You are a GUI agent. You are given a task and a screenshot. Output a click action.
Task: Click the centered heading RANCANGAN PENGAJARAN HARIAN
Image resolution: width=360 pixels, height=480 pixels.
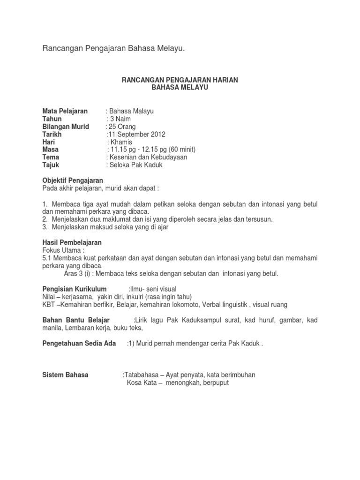tap(180, 80)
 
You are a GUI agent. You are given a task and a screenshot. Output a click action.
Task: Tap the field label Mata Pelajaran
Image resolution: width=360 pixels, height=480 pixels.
tap(65, 111)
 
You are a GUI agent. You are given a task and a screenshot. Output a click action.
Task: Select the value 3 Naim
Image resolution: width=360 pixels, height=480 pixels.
tap(120, 119)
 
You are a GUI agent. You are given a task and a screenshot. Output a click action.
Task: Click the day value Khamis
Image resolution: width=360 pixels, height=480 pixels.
tap(121, 142)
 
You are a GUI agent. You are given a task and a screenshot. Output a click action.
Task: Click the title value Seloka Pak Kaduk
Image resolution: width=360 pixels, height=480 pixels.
tap(135, 165)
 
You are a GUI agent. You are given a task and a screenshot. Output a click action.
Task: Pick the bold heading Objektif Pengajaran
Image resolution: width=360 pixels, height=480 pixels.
tap(73, 180)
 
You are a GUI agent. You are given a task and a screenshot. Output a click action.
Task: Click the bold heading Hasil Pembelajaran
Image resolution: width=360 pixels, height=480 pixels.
tap(72, 242)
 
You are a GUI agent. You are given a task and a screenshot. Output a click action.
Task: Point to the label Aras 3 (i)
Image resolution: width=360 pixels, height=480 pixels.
tap(77, 273)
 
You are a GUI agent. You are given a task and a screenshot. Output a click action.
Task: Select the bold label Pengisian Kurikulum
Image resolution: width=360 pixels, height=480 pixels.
tap(75, 289)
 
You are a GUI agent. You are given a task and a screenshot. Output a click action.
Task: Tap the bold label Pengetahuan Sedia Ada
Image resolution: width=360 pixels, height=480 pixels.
tap(79, 343)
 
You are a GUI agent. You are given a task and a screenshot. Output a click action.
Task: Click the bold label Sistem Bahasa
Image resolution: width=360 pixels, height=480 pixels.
tap(65, 375)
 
